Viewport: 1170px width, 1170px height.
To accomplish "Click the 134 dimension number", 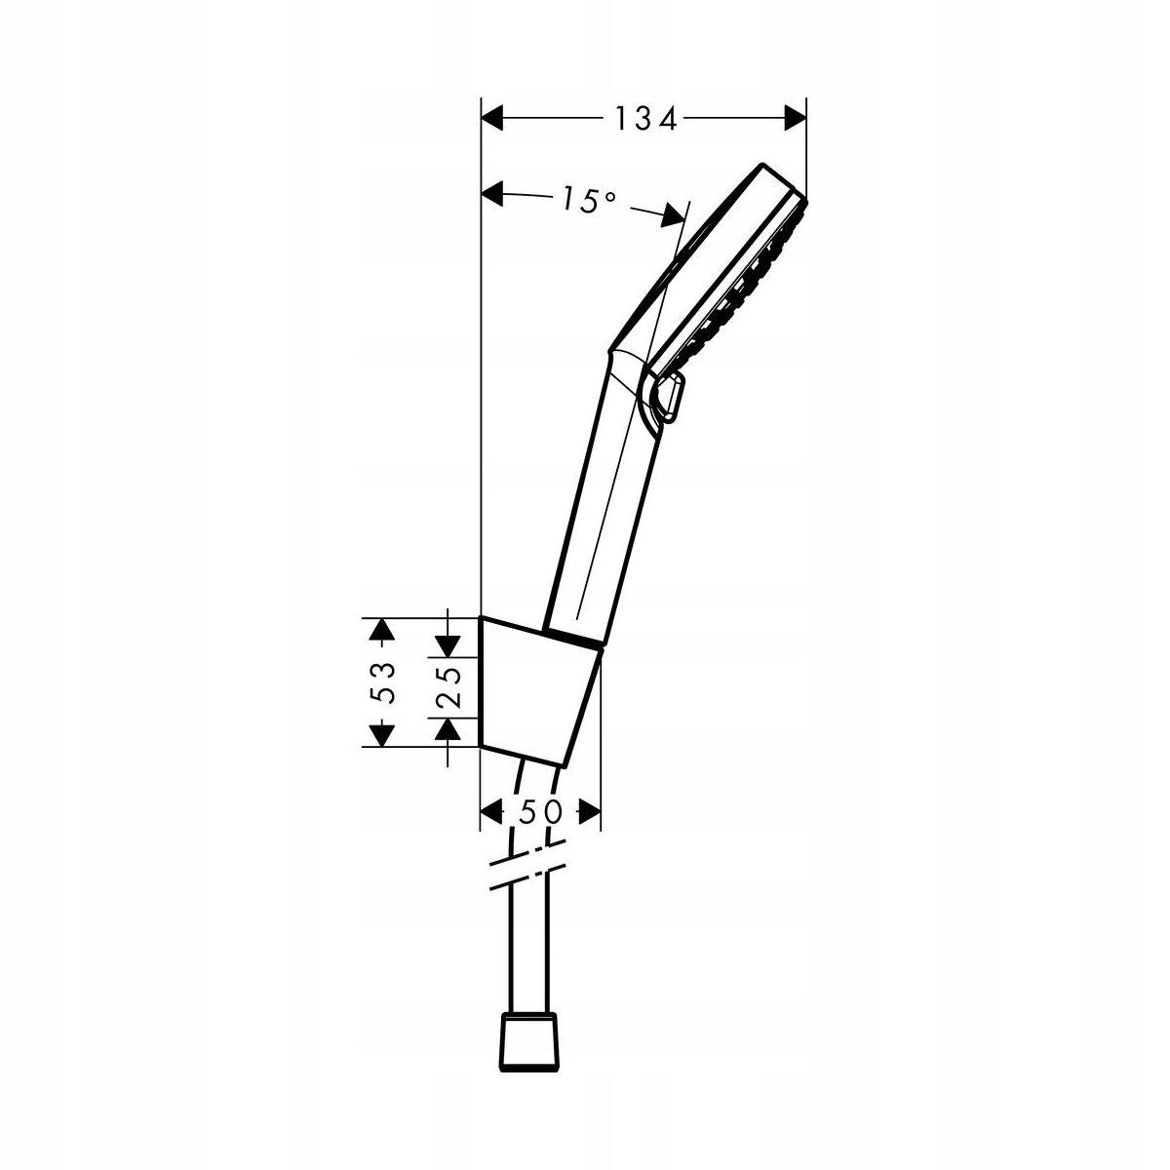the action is (x=645, y=118).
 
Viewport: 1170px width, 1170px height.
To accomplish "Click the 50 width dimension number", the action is (x=540, y=811).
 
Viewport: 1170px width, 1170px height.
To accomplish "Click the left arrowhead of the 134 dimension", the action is (x=492, y=118).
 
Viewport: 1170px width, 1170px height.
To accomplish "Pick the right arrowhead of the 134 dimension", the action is (x=796, y=118).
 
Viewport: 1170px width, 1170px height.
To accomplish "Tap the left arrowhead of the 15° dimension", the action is (x=492, y=194).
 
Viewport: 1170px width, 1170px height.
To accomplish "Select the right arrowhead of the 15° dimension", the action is (x=674, y=214).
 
